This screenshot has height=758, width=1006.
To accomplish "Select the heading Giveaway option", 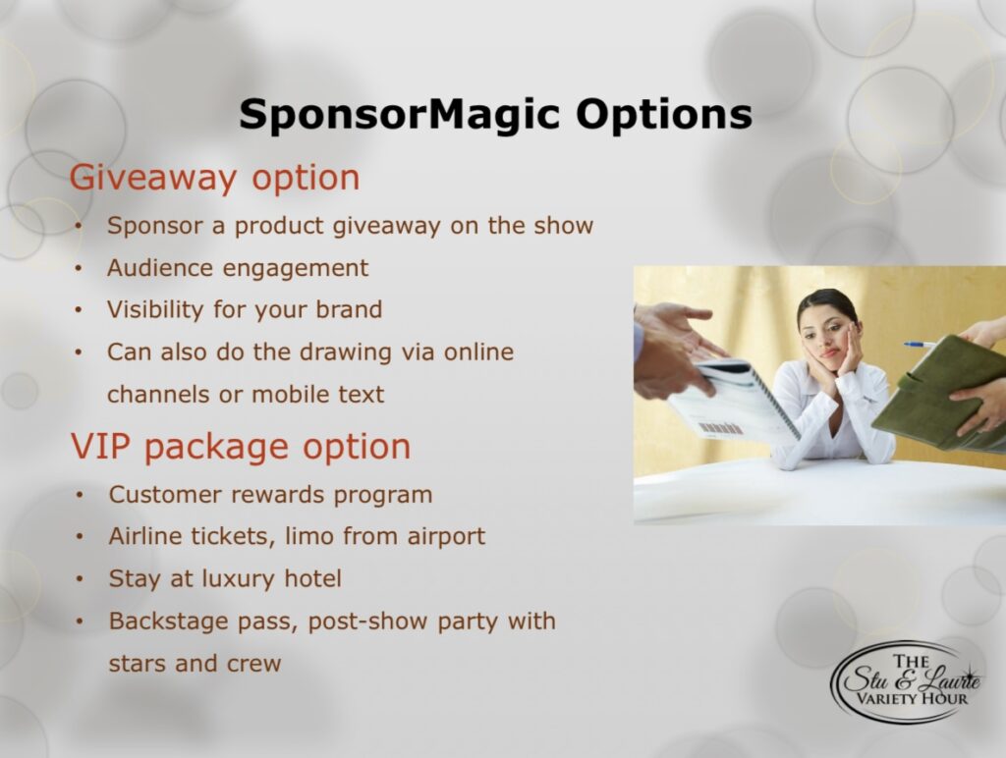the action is click(214, 178).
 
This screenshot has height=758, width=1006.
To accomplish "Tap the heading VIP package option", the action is click(241, 447).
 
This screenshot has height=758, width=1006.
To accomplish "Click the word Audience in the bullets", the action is click(158, 268).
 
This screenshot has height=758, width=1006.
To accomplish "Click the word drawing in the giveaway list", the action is click(346, 352).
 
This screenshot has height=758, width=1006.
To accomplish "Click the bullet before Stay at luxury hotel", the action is click(80, 579).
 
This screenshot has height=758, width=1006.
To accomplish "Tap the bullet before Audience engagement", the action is click(79, 269).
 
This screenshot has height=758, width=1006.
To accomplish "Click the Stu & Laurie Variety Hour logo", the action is click(905, 681).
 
